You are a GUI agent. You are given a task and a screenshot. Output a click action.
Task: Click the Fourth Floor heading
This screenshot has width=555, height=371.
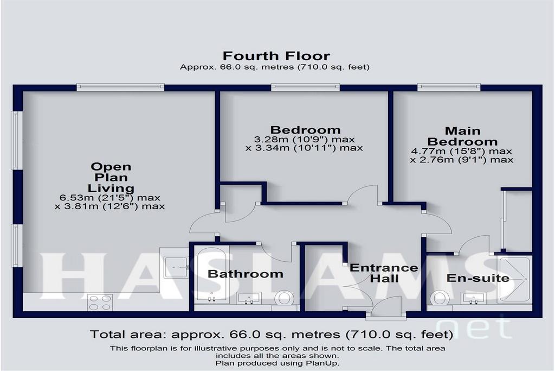click(276, 56)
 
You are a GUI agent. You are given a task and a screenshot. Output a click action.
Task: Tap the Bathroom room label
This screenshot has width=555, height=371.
click(246, 274)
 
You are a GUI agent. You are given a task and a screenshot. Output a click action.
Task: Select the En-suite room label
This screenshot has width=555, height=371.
click(478, 278)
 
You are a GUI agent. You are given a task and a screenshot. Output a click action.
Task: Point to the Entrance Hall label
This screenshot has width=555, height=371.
click(384, 273)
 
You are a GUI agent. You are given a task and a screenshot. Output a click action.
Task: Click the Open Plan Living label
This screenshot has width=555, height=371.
click(111, 177)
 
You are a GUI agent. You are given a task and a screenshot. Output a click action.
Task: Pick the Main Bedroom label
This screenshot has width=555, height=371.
click(463, 136)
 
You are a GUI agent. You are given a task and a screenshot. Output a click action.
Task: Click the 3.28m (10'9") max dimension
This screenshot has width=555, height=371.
click(305, 140)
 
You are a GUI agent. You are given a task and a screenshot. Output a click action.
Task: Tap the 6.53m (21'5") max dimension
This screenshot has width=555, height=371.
click(110, 198)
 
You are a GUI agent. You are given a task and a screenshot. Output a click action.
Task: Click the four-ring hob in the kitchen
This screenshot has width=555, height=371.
click(100, 303)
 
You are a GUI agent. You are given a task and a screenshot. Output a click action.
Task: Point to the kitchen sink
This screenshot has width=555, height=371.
click(176, 267)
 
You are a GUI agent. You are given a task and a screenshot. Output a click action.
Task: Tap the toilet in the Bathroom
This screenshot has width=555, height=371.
click(284, 298)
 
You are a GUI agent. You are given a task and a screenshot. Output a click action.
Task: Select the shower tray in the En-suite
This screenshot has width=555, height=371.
click(514, 280)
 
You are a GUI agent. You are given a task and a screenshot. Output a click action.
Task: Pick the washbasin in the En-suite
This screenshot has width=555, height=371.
click(473, 298)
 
